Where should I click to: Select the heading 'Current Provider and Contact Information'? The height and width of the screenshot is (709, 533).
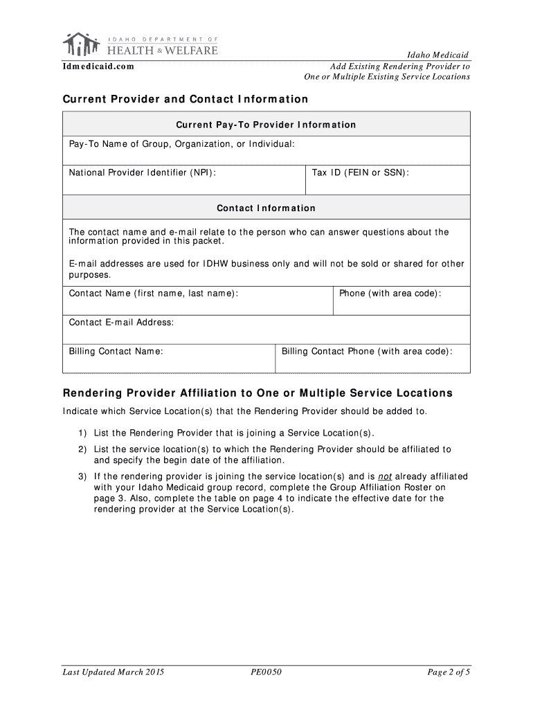(x=186, y=99)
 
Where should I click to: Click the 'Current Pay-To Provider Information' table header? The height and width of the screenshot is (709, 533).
(x=266, y=125)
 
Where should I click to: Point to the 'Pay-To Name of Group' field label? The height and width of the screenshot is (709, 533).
(x=182, y=143)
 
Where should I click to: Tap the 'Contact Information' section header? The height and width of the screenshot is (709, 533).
(x=266, y=208)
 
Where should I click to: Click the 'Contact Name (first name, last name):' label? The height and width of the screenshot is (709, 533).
(x=154, y=294)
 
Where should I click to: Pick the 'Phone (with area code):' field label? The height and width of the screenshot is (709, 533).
(x=390, y=294)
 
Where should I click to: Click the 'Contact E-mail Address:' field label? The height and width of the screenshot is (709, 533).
(x=121, y=322)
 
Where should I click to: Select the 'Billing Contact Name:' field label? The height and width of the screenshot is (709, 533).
(x=116, y=351)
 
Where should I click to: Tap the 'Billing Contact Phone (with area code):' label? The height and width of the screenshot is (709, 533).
(x=367, y=351)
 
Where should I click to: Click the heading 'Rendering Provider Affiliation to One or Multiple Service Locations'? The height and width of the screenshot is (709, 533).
(x=258, y=393)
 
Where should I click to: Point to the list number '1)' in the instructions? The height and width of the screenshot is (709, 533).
(x=82, y=433)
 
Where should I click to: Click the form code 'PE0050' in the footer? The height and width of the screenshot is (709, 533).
(x=266, y=672)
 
